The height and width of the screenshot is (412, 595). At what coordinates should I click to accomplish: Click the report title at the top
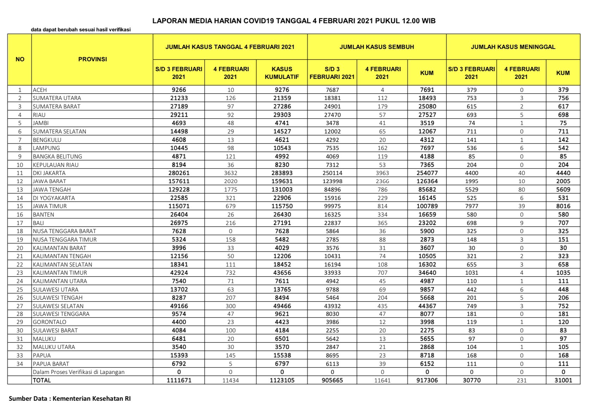pyautogui.click(x=294, y=21)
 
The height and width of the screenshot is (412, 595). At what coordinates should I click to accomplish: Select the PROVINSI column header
pyautogui.click(x=92, y=59)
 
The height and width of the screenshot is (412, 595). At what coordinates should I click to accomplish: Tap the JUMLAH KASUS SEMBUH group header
pyautogui.click(x=376, y=47)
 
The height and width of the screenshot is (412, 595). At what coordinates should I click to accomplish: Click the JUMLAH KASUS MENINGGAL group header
pyautogui.click(x=513, y=47)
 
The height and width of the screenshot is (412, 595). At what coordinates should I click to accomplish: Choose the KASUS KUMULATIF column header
pyautogui.click(x=282, y=73)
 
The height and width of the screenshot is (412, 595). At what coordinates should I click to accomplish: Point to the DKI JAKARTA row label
pyautogui.click(x=49, y=173)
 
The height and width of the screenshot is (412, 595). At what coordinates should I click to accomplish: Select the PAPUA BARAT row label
pyautogui.click(x=51, y=364)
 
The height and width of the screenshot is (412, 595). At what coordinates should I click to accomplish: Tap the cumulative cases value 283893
pyautogui.click(x=282, y=173)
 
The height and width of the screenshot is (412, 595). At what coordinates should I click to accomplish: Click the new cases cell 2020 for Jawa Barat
pyautogui.click(x=231, y=181)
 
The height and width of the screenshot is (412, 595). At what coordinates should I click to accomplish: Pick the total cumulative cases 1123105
pyautogui.click(x=282, y=380)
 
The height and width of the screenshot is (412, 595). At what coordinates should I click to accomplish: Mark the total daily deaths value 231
pyautogui.click(x=521, y=380)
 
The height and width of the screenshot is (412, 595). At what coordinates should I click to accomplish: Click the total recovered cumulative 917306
pyautogui.click(x=427, y=380)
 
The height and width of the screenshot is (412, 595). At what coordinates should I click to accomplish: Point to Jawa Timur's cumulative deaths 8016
pyautogui.click(x=563, y=206)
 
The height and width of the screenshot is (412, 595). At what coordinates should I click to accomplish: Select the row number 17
pyautogui.click(x=20, y=223)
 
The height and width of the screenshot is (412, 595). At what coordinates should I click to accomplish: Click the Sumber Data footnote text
pyautogui.click(x=70, y=399)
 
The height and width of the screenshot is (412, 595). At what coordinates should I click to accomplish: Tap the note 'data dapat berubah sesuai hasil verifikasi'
pyautogui.click(x=81, y=30)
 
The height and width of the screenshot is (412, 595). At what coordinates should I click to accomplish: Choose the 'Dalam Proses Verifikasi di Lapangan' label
pyautogui.click(x=79, y=372)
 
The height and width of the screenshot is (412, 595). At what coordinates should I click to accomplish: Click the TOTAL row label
pyautogui.click(x=42, y=380)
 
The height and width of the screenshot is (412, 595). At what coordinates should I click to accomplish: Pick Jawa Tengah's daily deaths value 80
pyautogui.click(x=521, y=189)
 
